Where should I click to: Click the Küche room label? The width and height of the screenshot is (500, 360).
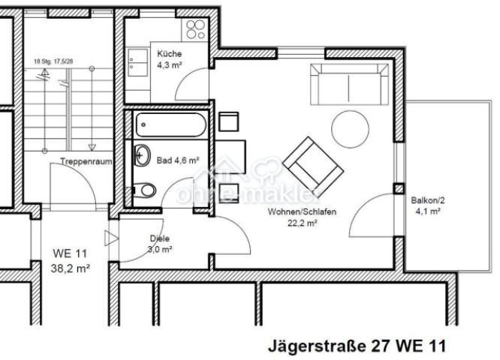coord(169,53)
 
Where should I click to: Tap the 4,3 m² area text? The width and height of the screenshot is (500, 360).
coord(169,64)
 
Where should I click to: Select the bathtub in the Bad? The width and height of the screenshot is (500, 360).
coord(170,124)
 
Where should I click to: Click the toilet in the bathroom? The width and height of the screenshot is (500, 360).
coord(147,190)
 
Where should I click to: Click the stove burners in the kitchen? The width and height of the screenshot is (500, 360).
coord(195,29)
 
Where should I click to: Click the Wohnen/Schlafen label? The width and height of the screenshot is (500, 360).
coord(302,212)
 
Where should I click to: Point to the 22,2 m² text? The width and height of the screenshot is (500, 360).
coord(301,223)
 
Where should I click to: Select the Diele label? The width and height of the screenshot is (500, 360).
coord(160,238)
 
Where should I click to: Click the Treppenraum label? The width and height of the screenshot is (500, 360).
coord(81,161)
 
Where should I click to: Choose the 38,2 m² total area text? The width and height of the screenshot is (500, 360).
coord(71,267)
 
